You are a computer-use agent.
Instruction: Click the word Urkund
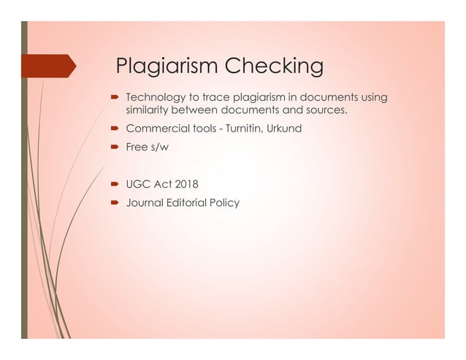(284, 129)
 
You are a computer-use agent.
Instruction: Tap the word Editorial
(188, 203)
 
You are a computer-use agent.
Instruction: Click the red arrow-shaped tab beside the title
(51, 66)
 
